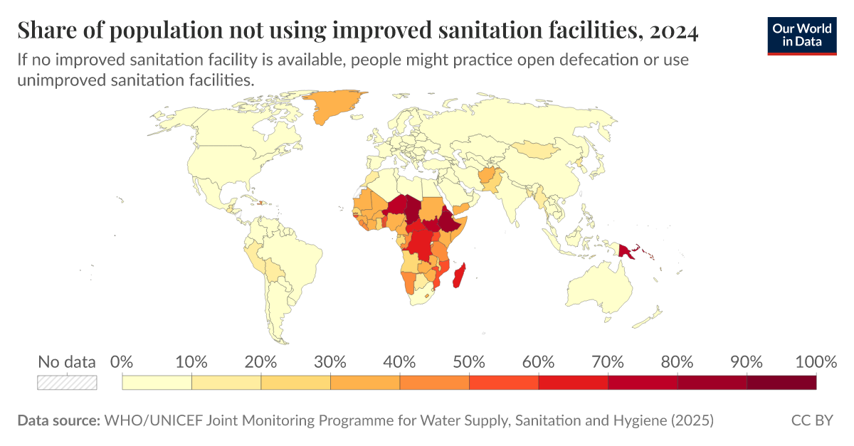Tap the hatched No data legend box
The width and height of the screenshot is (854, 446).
coord(67,382)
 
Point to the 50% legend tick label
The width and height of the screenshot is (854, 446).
coord(468,361)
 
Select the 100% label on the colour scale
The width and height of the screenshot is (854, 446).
coord(814,361)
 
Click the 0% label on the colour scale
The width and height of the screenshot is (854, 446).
coord(122,361)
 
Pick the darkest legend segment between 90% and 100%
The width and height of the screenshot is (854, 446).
coord(781,382)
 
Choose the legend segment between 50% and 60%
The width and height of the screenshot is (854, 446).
coord(503,382)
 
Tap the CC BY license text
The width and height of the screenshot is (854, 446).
coord(811,420)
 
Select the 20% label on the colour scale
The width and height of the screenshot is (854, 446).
coord(260,361)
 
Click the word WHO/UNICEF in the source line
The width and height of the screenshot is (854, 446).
coord(153,420)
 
